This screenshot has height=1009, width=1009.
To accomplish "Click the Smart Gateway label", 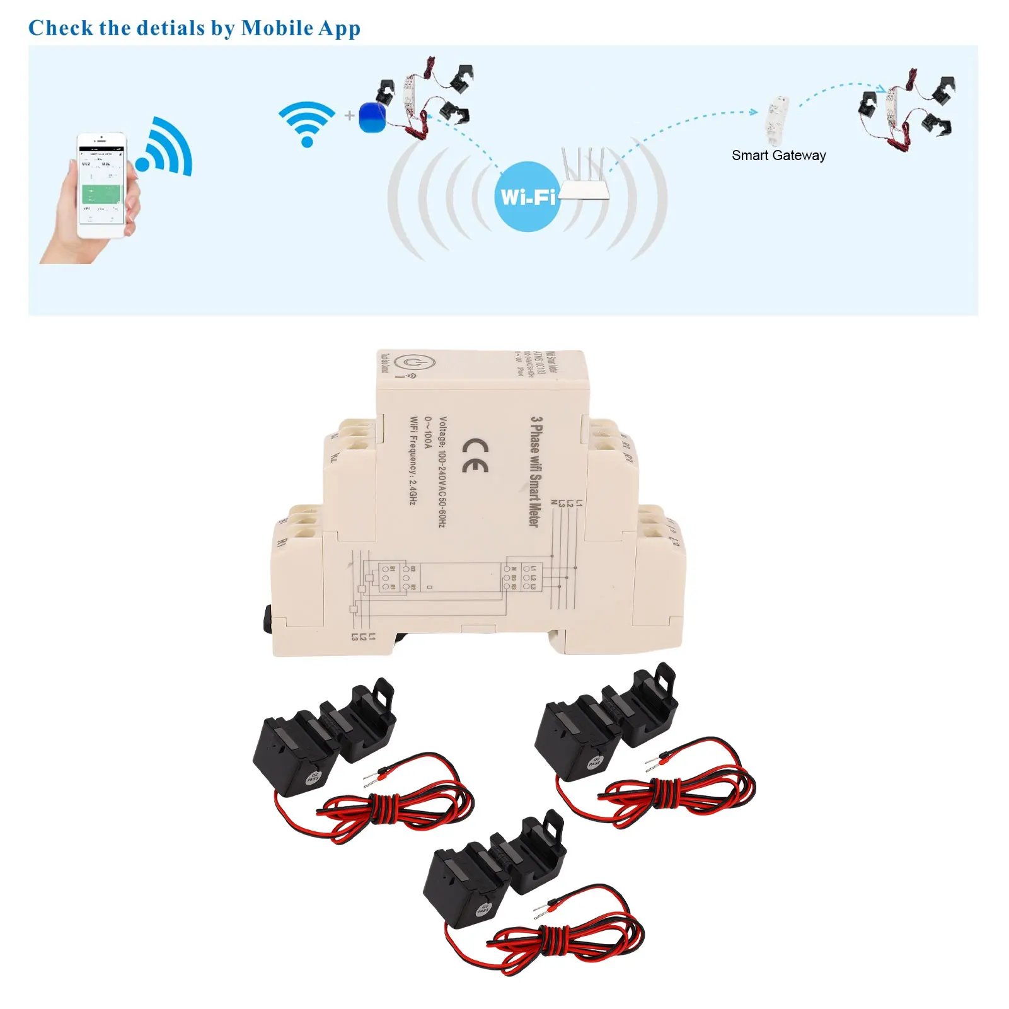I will (778, 156).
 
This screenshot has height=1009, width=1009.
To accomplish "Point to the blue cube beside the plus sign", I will (372, 117).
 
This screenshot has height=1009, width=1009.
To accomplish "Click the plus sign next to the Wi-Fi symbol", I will (350, 115).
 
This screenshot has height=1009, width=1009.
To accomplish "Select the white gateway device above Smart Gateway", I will (778, 120).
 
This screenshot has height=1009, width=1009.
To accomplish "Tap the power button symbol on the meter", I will (414, 364).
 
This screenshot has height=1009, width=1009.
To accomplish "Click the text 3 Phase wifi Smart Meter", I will (535, 471).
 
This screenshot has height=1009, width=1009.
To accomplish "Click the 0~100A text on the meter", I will (428, 432).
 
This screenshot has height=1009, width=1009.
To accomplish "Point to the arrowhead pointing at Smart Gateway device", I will (754, 112).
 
